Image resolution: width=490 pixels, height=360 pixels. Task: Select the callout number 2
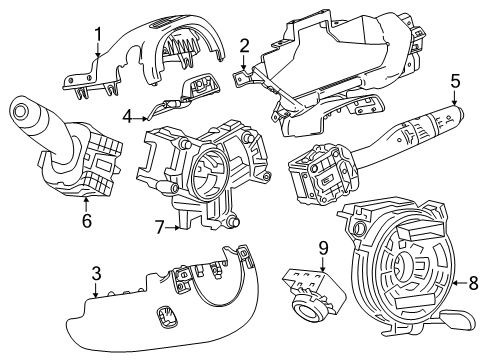245,46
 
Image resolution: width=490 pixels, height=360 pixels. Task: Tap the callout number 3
96,274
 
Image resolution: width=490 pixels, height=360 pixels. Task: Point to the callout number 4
128,117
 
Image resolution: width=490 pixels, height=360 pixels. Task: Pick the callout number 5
455,81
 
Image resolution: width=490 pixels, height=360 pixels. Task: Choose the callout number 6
87,221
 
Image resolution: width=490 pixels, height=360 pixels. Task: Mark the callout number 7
160,228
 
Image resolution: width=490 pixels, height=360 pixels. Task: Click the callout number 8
473,283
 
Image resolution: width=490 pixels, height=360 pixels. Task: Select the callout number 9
323,249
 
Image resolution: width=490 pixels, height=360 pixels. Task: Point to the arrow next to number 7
173,228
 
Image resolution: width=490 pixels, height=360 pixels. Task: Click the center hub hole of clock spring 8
401,266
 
